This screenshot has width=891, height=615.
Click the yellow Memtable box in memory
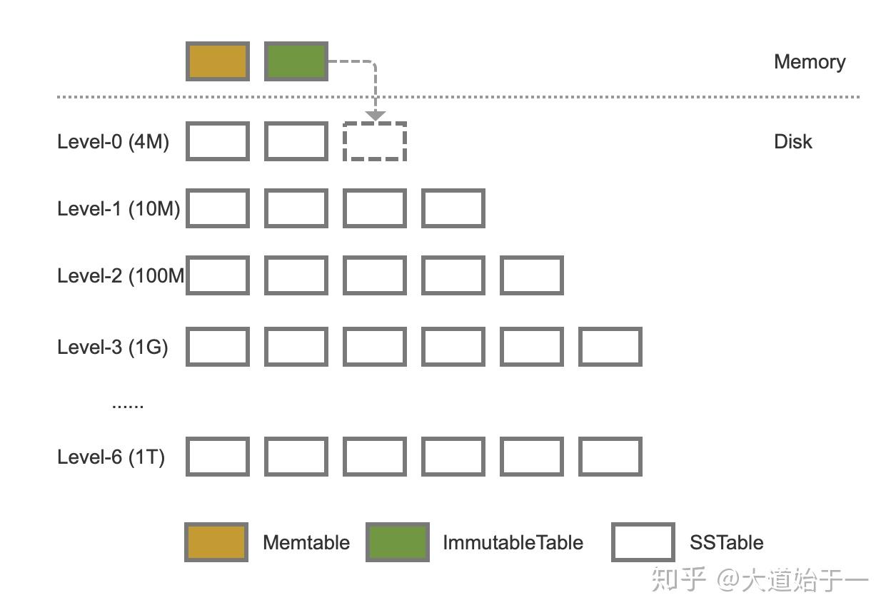coord(218,61)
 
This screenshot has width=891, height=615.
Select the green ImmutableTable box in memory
coord(296,61)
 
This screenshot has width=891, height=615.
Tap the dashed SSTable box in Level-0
coord(375,141)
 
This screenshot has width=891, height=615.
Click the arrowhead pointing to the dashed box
coord(375,116)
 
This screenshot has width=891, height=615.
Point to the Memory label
coord(810,61)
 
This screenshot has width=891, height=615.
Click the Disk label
coord(792,141)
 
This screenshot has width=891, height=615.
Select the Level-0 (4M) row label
coord(113,141)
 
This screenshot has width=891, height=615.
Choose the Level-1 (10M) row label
coord(119,208)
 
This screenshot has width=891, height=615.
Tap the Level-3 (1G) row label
coord(113,347)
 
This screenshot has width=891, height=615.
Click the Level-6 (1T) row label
coord(111,457)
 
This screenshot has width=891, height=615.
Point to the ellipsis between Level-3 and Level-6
coord(128,405)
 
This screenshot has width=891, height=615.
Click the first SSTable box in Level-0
coord(218,141)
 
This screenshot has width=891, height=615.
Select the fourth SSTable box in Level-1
coord(453,208)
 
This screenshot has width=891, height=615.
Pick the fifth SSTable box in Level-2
coord(532,275)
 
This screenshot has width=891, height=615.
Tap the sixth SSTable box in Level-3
coord(610,347)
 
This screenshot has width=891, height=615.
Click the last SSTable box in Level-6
coord(610,457)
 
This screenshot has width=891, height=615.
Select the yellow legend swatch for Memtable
coord(216,542)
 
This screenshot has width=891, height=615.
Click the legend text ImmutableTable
coord(513,542)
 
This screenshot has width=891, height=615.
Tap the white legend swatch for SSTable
coord(643,542)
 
